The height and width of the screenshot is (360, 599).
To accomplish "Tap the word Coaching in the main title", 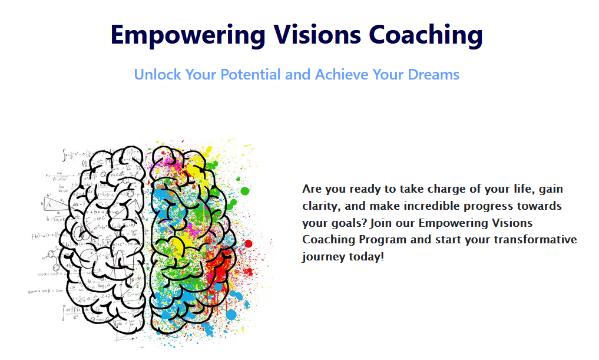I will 426,35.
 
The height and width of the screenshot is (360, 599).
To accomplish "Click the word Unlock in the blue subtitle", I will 157,75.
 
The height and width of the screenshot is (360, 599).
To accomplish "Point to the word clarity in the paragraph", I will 320,206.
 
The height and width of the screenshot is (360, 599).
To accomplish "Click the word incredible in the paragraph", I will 415,206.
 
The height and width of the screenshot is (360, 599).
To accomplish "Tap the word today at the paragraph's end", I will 368,257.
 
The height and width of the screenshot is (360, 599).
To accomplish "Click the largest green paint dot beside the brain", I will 245,190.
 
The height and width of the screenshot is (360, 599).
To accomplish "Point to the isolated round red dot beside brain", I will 248,243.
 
